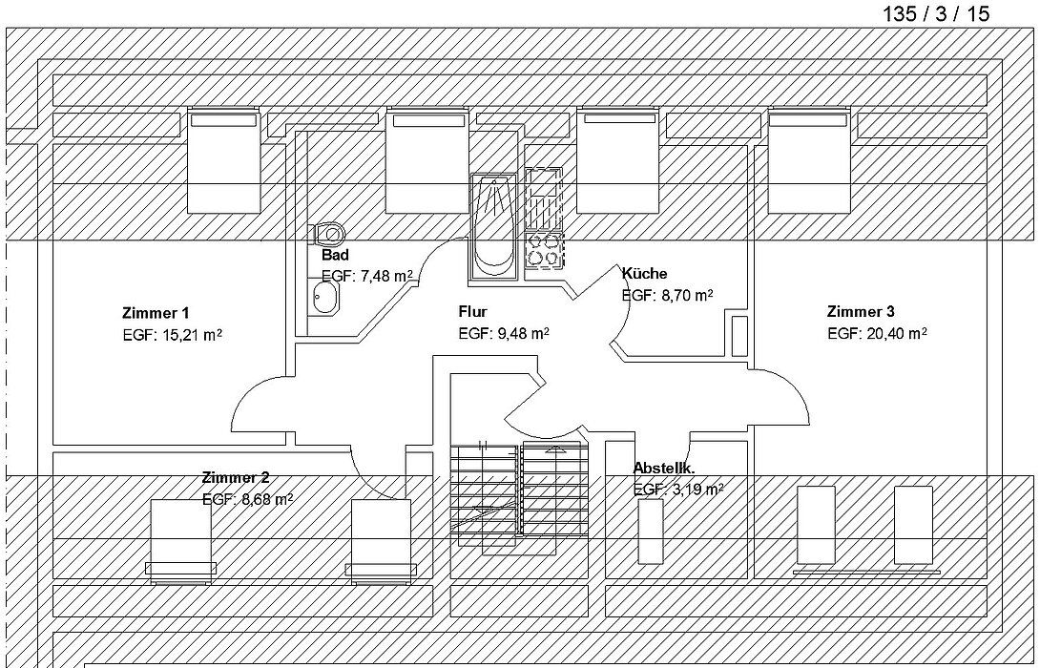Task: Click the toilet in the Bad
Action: point(327,234)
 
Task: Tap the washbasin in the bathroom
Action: point(324,297)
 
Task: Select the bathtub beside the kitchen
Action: point(492,226)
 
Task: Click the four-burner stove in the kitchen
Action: point(544,250)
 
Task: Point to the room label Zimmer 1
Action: point(156,313)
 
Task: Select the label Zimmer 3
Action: point(861,312)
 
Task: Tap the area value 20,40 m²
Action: point(897,334)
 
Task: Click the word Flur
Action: point(472,312)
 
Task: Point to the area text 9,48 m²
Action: point(523,333)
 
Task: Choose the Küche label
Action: point(644,273)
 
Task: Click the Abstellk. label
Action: point(664,469)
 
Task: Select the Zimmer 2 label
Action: point(236,477)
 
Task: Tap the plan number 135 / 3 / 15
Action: point(936,14)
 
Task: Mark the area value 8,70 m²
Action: point(687,295)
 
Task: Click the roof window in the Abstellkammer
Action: point(650,532)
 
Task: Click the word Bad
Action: point(335,256)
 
